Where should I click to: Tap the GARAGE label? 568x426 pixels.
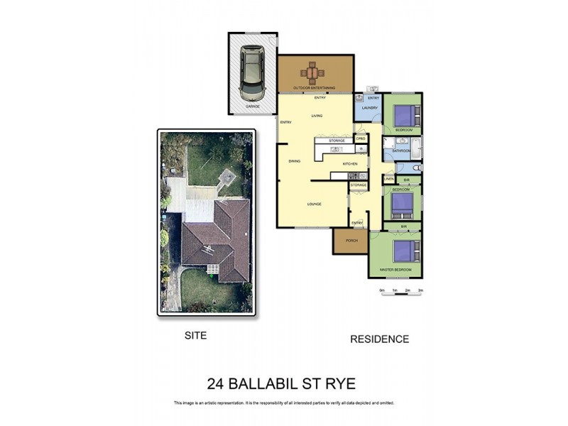252,106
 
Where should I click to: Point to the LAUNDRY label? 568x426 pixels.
369,108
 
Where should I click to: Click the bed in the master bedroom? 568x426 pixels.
405,253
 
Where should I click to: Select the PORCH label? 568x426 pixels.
351,240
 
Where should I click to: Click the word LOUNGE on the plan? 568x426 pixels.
315,204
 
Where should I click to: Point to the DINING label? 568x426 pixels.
294,161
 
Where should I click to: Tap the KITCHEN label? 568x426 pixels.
350,164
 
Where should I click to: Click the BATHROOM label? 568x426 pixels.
402,151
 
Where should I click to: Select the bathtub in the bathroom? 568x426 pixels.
417,148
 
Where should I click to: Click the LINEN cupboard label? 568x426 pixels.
389,180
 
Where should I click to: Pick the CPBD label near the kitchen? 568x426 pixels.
361,138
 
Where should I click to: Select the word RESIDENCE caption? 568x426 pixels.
379,339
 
